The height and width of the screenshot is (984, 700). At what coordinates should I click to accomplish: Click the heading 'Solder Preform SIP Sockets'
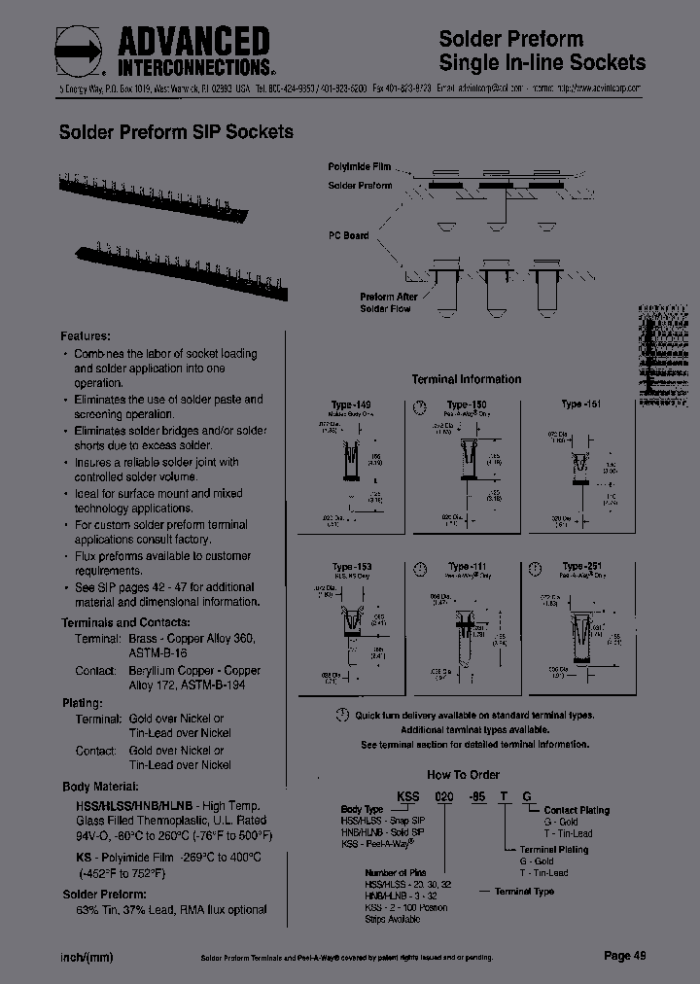coord(176,131)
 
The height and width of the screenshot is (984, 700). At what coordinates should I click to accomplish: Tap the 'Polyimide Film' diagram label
coord(359,167)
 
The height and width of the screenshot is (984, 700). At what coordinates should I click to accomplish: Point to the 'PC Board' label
coord(349,235)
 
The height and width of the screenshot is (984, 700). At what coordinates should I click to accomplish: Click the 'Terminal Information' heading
coord(466,379)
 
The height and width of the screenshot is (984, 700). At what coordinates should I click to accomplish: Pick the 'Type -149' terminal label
coord(351,404)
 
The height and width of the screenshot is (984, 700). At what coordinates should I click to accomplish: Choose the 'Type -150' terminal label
coord(467,404)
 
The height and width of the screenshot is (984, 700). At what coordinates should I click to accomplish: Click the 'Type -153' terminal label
coord(351,567)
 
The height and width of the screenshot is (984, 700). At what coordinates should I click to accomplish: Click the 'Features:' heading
coord(86,334)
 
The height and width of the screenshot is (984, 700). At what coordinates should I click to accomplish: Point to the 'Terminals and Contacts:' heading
coord(125,622)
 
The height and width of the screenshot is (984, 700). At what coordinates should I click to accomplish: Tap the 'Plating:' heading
coord(83,703)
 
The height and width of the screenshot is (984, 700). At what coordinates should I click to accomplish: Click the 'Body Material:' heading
coord(100,786)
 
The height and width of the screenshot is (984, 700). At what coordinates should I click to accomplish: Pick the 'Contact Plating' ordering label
coord(576,810)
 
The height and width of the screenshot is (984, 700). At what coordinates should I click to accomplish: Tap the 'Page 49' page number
coord(624,956)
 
